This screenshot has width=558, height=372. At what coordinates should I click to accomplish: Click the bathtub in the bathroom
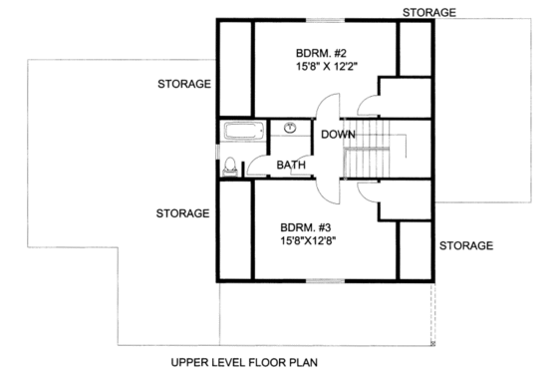[243, 132]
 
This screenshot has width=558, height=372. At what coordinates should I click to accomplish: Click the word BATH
[291, 165]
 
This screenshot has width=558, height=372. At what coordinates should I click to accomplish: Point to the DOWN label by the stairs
[339, 134]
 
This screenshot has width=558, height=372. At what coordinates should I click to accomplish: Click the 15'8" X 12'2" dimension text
[326, 67]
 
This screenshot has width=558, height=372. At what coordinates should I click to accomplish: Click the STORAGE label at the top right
[429, 12]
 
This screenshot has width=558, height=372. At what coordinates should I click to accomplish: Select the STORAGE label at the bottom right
[466, 245]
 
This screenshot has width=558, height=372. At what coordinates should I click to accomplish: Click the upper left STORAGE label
[183, 84]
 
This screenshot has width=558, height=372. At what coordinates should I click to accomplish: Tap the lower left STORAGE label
[182, 213]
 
